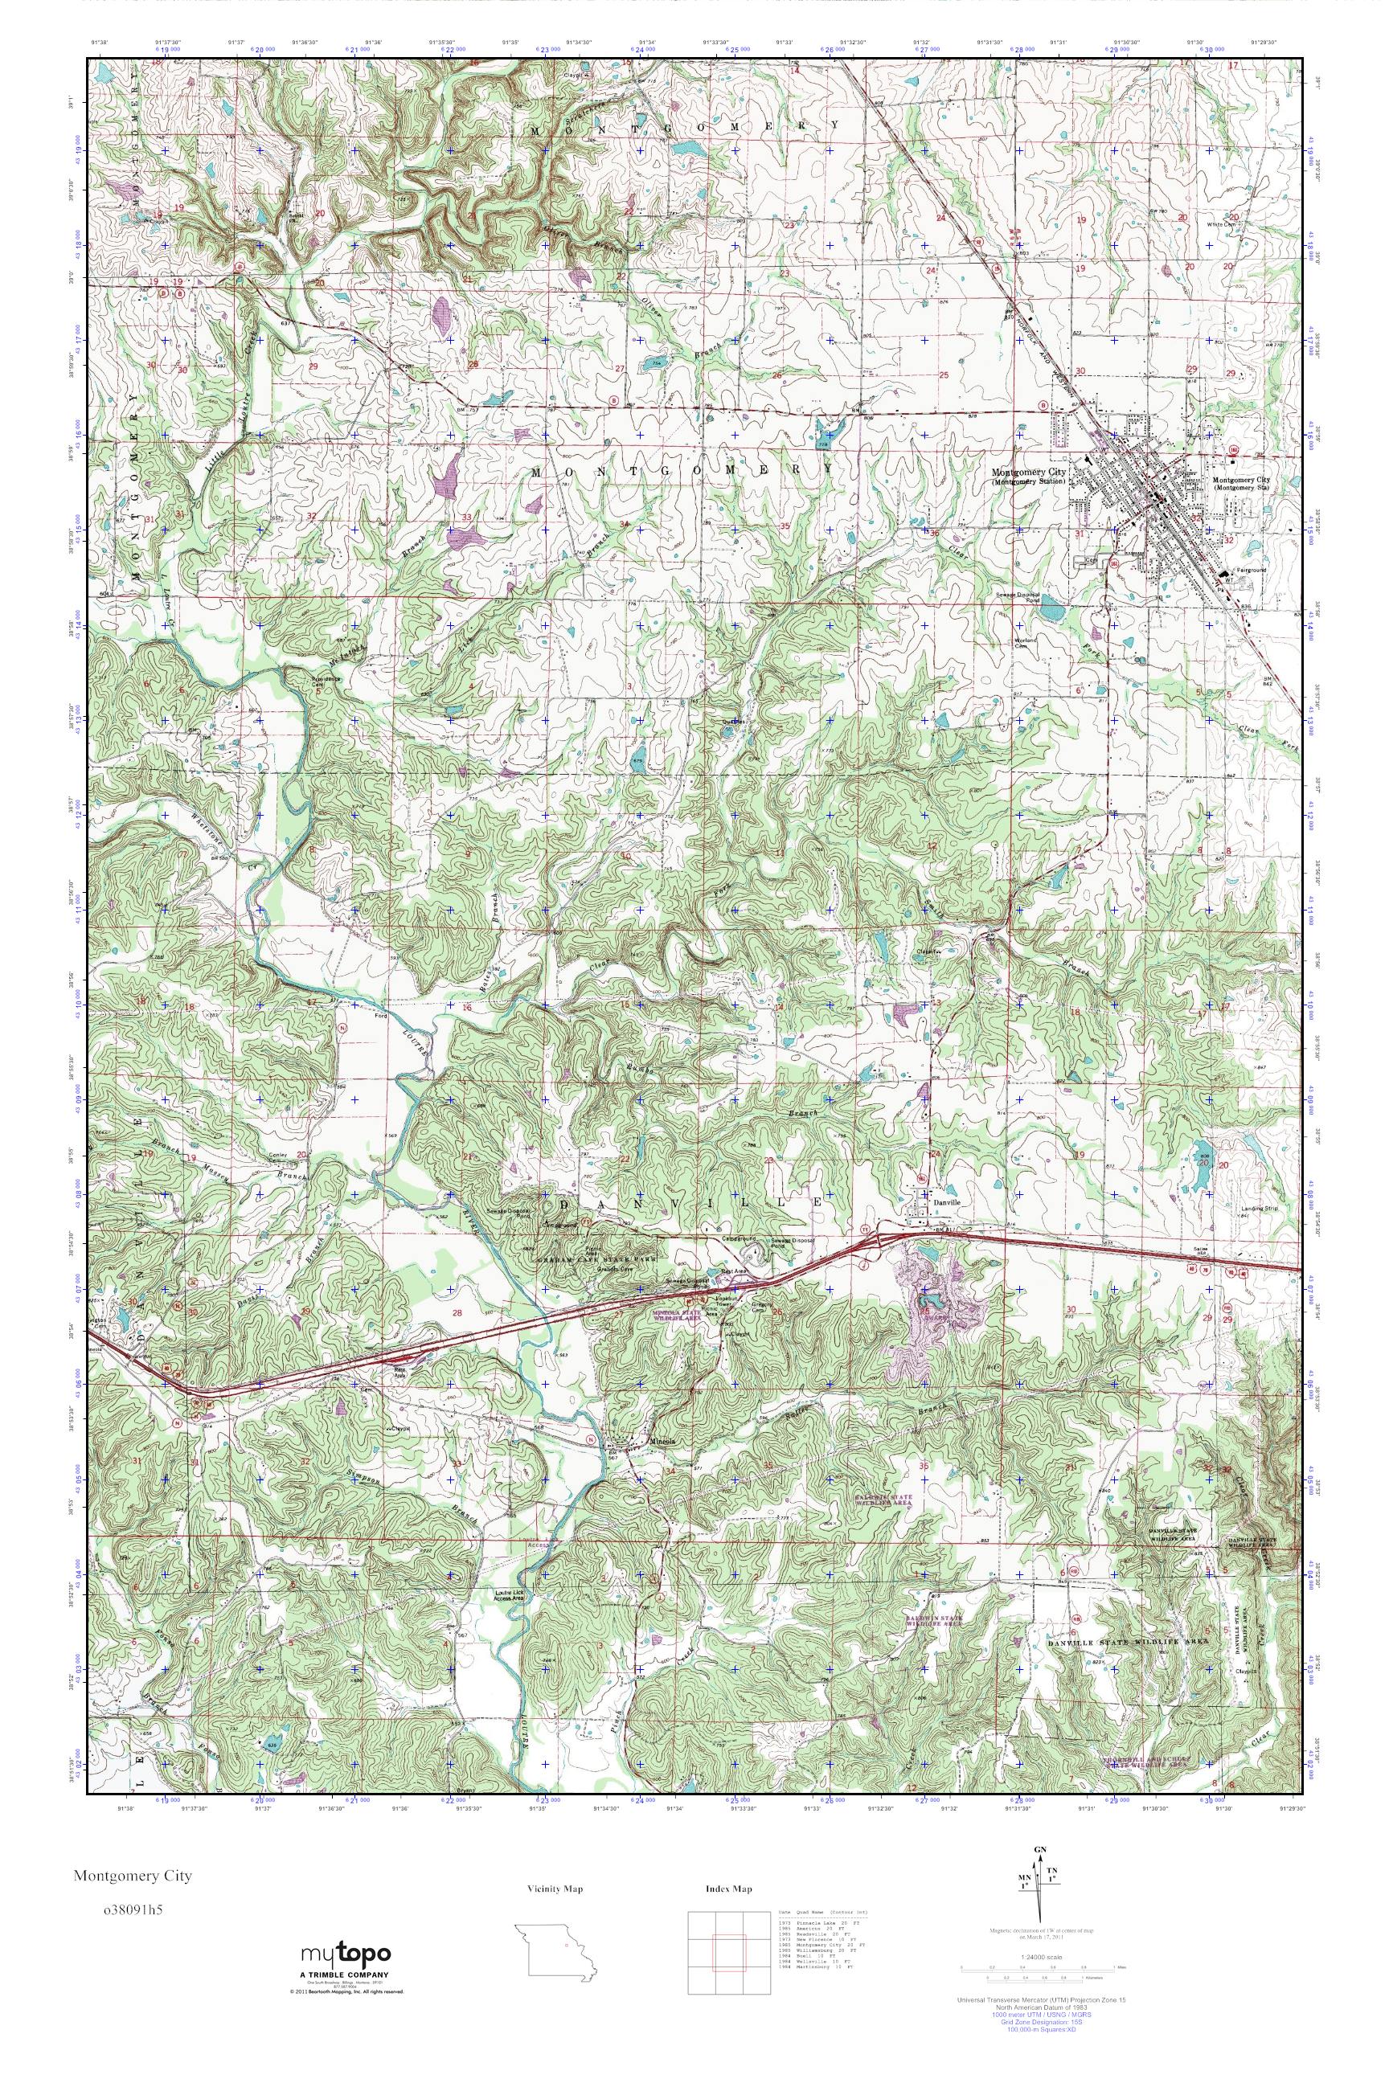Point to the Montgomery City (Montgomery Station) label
point(1031,477)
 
